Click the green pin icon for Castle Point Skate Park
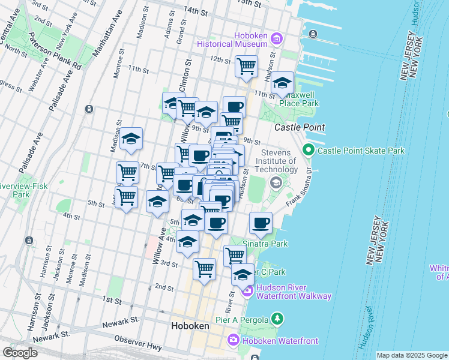[309, 150]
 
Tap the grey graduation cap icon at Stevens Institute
[276, 182]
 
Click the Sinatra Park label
[265, 244]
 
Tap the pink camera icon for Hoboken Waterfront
[233, 341]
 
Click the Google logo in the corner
[20, 353]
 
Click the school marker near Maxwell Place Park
[282, 84]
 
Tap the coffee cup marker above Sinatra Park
[261, 223]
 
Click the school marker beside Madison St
[130, 139]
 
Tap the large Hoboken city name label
[190, 326]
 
